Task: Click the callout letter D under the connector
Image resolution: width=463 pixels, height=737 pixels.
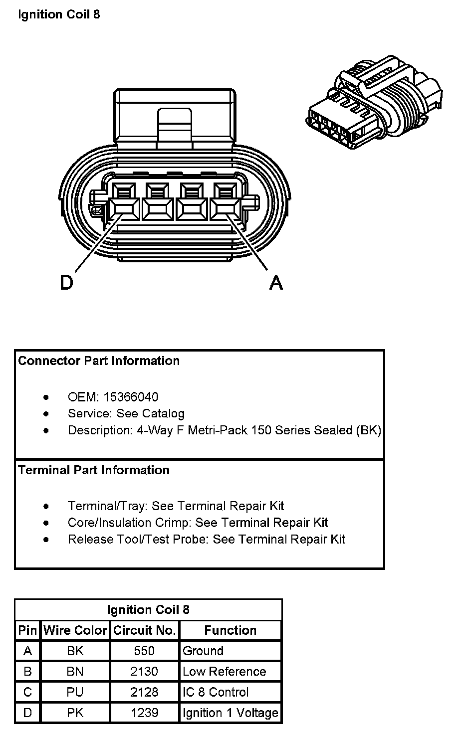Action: point(66,283)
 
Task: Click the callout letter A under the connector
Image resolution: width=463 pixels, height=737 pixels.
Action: point(276,283)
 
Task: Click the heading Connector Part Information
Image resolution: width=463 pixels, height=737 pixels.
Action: point(99,361)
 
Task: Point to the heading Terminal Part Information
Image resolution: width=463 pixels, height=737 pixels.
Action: point(94,470)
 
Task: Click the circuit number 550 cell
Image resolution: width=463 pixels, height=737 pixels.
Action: point(144,651)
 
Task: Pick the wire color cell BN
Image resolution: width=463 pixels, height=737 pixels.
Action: point(75,672)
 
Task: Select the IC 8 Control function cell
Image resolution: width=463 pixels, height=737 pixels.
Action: point(216,692)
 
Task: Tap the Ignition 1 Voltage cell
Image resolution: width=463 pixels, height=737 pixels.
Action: point(230,713)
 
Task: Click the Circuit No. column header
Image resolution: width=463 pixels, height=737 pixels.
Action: point(144,630)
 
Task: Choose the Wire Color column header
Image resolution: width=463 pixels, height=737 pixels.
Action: point(75,630)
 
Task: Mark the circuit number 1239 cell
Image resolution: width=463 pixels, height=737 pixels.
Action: point(144,713)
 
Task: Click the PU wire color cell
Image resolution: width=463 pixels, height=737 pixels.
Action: point(75,692)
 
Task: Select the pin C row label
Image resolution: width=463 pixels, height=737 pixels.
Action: point(27,692)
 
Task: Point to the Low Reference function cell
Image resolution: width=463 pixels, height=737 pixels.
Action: point(224,672)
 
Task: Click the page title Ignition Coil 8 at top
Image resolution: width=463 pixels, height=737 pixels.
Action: point(59,14)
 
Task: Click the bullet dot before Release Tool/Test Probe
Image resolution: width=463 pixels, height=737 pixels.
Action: point(46,540)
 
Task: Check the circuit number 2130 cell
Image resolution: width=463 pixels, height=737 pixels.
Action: point(144,672)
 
